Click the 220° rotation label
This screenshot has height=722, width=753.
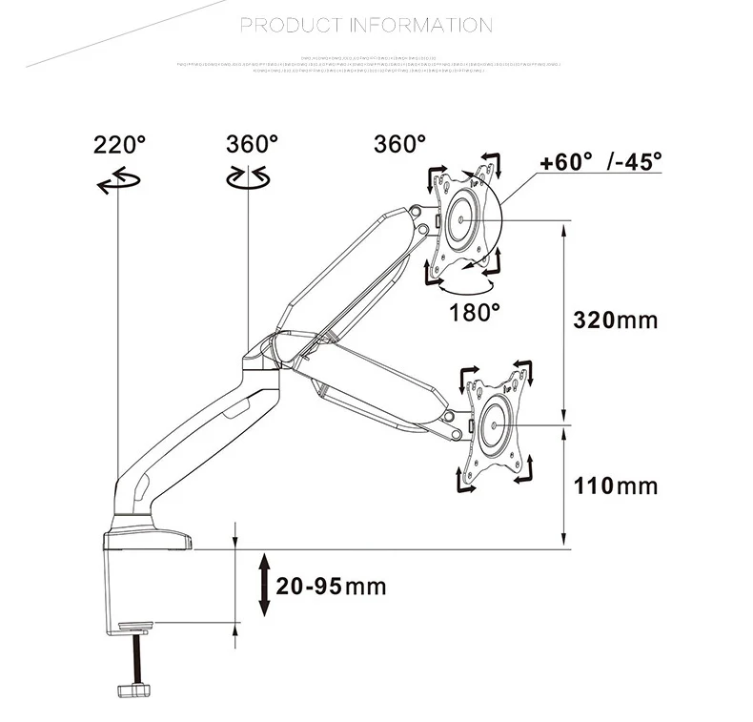point(119,145)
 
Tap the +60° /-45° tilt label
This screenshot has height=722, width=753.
point(600,161)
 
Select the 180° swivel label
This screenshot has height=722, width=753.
point(476,312)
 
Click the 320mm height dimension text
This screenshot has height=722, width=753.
point(615,320)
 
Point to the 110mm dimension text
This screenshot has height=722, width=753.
point(615,486)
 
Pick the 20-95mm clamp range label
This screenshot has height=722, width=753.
point(331,586)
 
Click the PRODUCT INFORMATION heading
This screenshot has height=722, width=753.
point(366,25)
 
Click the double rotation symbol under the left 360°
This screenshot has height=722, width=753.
point(247,177)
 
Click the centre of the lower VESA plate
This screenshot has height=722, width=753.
point(497,422)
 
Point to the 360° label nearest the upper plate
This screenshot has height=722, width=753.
point(399,144)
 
